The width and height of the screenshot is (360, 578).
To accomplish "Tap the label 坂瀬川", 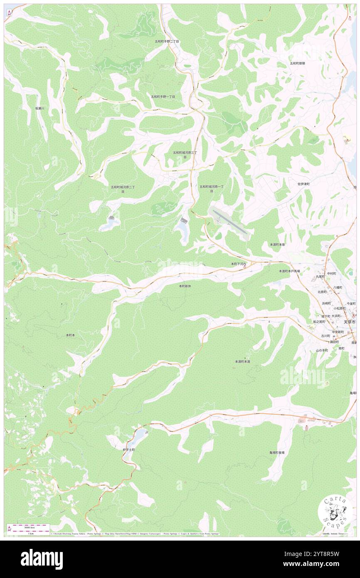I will point(42,108).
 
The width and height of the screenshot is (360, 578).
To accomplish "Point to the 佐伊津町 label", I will point(303,183).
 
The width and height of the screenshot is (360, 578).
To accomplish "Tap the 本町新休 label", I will point(185,286).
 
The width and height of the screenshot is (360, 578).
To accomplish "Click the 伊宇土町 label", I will point(129,450).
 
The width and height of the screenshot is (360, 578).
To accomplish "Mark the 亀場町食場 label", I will point(276,452).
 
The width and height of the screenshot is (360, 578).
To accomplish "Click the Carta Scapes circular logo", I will point(335,511).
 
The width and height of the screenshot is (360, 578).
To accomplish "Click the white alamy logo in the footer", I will point(42,559).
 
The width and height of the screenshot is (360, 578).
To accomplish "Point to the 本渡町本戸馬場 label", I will point(289,271).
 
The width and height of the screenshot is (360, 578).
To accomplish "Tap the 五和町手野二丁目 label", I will point(167,42).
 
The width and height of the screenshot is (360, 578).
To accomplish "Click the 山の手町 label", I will point(322,351).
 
